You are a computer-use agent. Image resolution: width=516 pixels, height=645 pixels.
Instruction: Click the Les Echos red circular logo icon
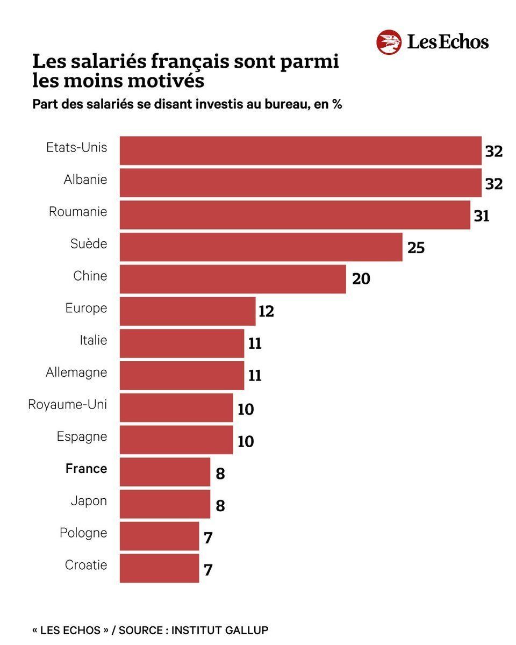click(x=389, y=42)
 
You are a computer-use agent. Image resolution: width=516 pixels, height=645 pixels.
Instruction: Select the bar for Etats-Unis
click(x=300, y=150)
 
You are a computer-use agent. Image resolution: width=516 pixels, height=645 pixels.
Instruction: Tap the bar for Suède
click(x=261, y=247)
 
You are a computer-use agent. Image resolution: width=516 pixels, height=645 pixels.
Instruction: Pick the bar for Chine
click(x=232, y=279)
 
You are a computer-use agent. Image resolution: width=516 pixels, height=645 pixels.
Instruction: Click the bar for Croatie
click(x=159, y=568)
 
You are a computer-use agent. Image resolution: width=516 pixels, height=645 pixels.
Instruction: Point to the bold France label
click(x=86, y=469)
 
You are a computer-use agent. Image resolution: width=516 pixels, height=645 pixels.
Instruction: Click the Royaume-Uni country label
click(x=68, y=404)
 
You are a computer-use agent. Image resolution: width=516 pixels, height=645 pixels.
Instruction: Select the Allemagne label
click(x=76, y=372)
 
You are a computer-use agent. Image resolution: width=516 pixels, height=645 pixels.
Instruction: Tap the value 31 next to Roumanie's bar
click(x=481, y=216)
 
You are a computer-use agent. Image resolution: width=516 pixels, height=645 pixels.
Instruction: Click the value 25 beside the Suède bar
click(x=416, y=248)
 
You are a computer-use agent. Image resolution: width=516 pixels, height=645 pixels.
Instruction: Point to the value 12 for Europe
click(x=266, y=312)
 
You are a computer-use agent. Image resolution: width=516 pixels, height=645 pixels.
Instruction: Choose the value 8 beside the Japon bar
click(x=220, y=506)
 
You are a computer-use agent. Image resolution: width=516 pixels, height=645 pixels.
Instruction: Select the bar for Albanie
click(x=300, y=183)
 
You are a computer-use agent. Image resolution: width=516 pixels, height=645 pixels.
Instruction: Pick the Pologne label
click(x=83, y=533)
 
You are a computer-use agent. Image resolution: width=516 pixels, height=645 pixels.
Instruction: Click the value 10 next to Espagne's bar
click(x=246, y=441)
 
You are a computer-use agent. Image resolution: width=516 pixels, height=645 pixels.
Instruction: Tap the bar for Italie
click(x=182, y=343)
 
